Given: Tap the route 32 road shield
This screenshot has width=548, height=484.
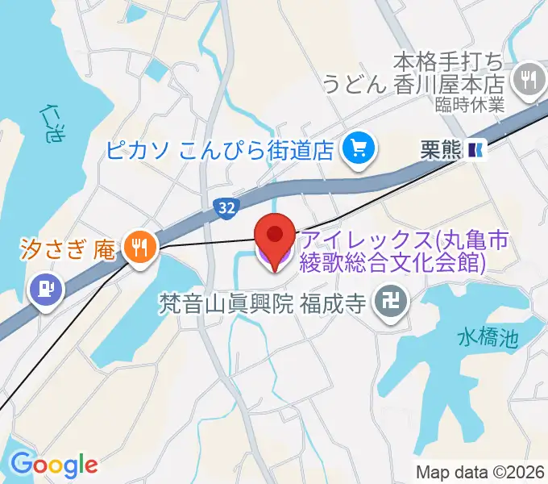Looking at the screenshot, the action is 226,208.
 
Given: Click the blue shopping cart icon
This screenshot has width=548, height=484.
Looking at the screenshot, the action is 355,148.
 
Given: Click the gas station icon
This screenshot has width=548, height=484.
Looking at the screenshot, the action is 45,289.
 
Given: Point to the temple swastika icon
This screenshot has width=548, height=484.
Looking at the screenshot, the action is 395,304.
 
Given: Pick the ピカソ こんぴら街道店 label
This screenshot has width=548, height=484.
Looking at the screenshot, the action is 220,149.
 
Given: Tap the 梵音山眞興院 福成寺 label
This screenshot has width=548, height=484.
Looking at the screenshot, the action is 264,305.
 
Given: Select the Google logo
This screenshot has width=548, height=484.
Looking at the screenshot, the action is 53,464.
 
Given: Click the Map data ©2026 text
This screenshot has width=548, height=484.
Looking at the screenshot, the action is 480,472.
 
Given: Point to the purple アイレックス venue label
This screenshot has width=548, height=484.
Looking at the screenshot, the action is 392,250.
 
